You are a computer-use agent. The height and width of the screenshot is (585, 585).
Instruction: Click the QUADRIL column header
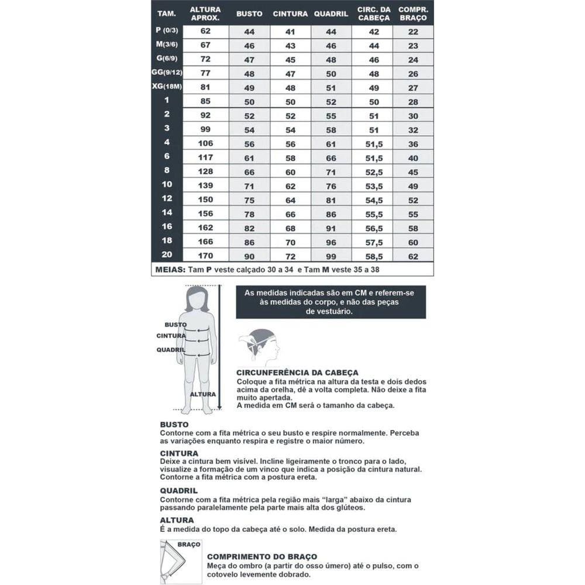point(331,14)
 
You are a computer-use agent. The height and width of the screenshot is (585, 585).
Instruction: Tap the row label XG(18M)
point(167,87)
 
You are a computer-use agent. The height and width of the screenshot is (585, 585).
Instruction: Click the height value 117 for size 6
point(205,158)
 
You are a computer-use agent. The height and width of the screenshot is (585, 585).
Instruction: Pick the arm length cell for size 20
point(413,256)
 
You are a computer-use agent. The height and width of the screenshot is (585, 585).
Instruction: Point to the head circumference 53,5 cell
point(373,186)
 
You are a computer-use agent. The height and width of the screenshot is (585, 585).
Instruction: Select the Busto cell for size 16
point(249,228)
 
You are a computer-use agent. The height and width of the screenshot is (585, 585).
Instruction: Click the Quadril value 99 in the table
point(331,256)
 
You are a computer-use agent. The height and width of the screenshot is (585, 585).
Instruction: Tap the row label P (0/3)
point(167,30)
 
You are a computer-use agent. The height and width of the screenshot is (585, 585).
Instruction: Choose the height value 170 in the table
point(205,256)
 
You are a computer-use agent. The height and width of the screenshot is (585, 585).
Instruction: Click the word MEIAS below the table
point(170,270)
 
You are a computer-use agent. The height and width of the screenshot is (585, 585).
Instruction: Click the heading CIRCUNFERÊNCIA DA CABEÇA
point(297,373)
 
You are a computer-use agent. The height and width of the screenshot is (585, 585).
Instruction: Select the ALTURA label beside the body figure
point(202,394)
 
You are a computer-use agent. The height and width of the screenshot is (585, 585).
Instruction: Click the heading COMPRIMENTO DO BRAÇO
point(262,558)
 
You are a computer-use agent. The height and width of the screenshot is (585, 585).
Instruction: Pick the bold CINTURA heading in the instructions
point(178,453)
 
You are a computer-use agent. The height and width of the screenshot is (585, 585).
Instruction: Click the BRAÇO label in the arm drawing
point(188,544)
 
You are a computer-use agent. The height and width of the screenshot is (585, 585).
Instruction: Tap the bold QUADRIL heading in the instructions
point(178,491)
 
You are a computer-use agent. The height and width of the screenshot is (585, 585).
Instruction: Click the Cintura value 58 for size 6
point(290,158)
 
